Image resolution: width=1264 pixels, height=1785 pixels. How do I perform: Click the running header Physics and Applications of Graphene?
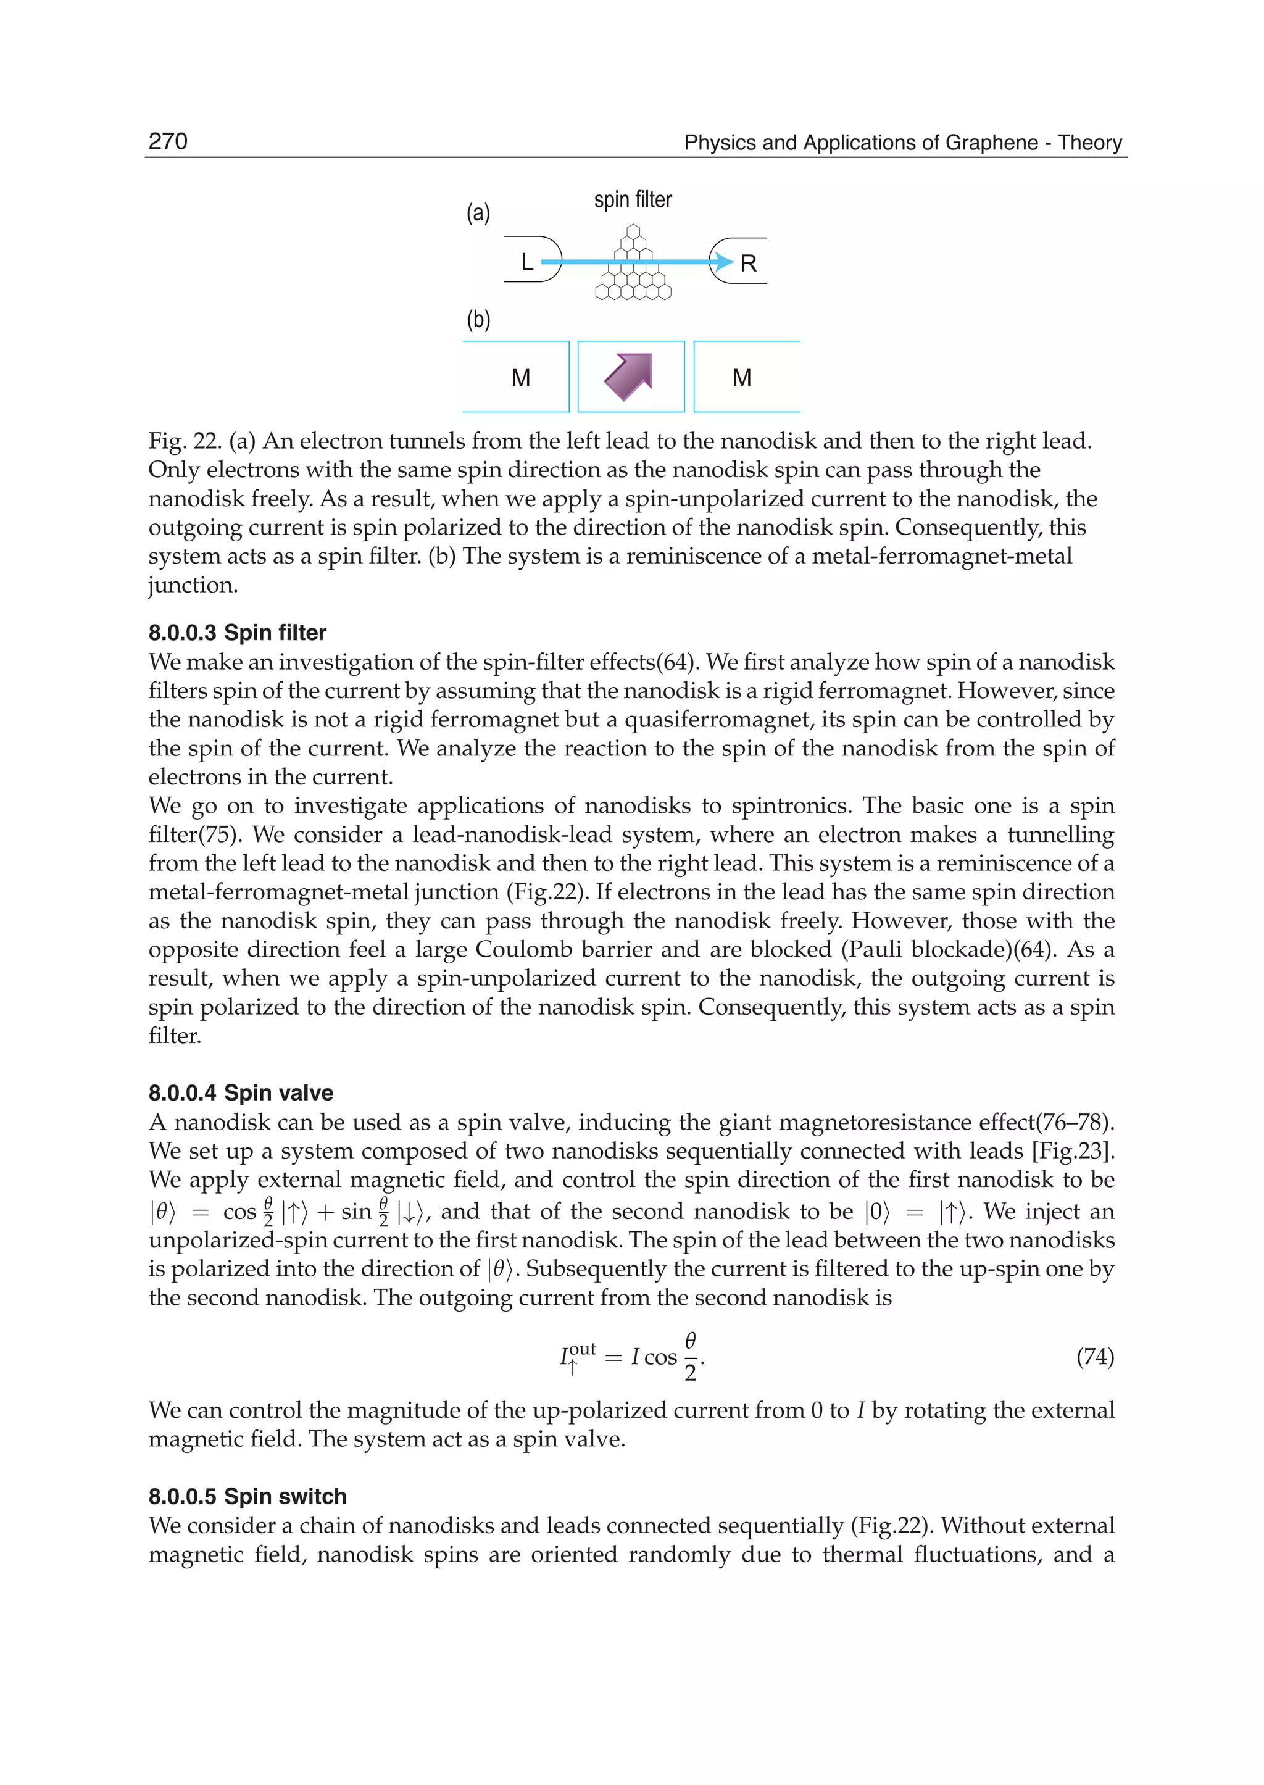click(902, 143)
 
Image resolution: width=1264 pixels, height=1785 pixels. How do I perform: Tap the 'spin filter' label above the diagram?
click(632, 200)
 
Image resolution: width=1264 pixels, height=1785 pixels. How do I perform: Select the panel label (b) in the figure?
click(478, 319)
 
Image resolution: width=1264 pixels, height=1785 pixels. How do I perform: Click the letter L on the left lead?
click(527, 262)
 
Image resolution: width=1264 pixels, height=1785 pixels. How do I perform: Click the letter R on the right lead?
click(748, 264)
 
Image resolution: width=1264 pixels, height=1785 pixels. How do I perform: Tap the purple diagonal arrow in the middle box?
click(629, 376)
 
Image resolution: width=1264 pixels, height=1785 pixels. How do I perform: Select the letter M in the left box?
click(521, 378)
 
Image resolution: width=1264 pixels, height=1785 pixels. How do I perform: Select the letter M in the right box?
click(742, 378)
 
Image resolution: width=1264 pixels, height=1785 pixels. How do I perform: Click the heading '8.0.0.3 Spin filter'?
click(238, 632)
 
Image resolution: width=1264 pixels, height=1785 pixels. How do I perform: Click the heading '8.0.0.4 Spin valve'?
click(241, 1093)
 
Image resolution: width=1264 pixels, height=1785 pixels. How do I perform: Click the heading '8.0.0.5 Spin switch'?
click(247, 1496)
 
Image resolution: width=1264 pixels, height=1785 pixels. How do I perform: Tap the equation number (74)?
click(1094, 1357)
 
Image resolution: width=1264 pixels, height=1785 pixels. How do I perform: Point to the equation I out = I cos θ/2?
click(632, 1357)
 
